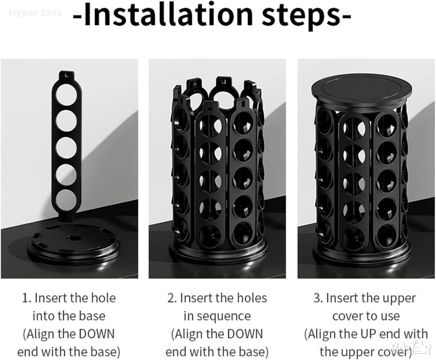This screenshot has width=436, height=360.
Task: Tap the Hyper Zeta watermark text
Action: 36,13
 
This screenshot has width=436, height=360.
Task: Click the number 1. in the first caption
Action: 27,298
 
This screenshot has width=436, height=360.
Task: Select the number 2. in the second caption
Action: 172,298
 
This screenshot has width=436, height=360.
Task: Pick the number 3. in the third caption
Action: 318,298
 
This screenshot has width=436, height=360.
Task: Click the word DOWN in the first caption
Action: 97,334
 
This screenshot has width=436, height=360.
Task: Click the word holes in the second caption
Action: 251,298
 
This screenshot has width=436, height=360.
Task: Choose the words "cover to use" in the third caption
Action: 366,316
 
